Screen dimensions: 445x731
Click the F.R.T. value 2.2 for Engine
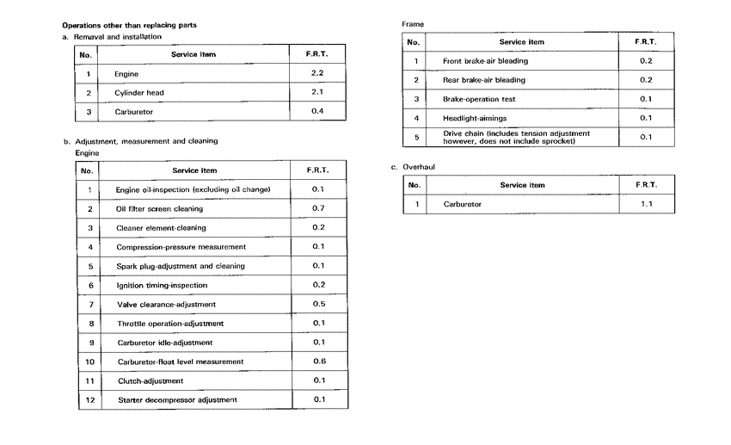pyautogui.click(x=316, y=74)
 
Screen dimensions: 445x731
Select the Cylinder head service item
pyautogui.click(x=138, y=93)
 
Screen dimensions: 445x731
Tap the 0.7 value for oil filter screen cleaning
pyautogui.click(x=317, y=208)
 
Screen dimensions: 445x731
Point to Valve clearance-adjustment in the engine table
pyautogui.click(x=166, y=304)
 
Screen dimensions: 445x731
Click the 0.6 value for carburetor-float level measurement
pyautogui.click(x=318, y=361)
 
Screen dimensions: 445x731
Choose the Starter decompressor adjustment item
pyautogui.click(x=176, y=399)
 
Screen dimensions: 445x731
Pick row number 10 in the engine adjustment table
pyautogui.click(x=89, y=362)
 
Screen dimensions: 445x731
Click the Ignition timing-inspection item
pyautogui.click(x=162, y=285)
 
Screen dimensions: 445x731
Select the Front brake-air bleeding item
pyautogui.click(x=485, y=61)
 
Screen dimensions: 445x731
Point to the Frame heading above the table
pyautogui.click(x=413, y=23)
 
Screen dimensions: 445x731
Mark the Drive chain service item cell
pyautogui.click(x=516, y=137)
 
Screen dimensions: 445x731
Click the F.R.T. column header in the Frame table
pyautogui.click(x=646, y=41)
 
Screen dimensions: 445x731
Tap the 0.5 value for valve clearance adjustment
pyautogui.click(x=317, y=304)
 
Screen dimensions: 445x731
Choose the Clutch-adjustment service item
pyautogui.click(x=150, y=380)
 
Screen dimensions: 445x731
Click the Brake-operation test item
pyautogui.click(x=478, y=99)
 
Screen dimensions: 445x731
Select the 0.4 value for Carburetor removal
pyautogui.click(x=316, y=112)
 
